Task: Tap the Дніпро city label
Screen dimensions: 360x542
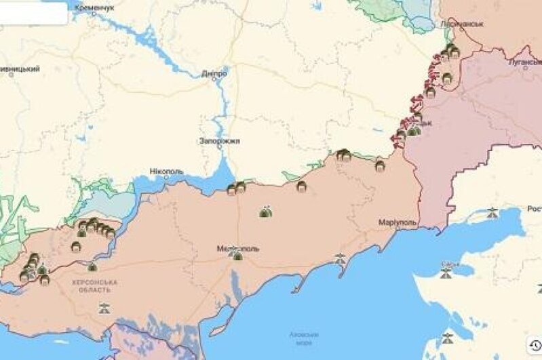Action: (214, 73)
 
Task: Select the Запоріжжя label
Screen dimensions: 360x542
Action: (219, 141)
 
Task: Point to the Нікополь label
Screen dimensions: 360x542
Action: (166, 172)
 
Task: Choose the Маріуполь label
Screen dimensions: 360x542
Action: (398, 222)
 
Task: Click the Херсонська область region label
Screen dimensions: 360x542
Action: (94, 285)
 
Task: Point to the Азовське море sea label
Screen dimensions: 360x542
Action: (304, 338)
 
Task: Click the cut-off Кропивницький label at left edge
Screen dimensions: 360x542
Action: (20, 68)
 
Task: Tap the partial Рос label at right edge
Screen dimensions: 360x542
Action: (534, 209)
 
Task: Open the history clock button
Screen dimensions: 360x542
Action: (535, 345)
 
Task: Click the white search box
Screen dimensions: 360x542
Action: (33, 13)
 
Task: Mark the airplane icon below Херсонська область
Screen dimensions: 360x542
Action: (104, 309)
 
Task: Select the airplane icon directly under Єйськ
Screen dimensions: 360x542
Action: (446, 273)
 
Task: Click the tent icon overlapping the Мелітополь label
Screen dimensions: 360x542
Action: (236, 254)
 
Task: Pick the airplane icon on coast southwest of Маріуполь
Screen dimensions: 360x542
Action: (340, 258)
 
